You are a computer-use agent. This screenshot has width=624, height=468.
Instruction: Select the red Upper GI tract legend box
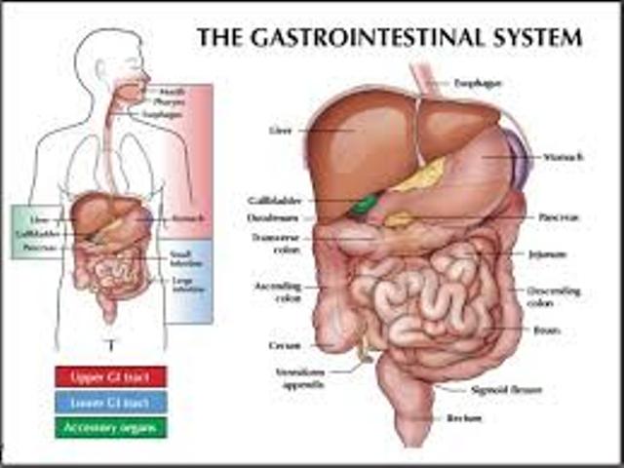(110, 375)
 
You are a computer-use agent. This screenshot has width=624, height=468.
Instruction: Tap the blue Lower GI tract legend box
(110, 401)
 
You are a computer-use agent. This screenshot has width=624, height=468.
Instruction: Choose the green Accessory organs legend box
(110, 426)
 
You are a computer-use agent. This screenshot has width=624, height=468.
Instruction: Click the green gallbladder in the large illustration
(365, 205)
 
